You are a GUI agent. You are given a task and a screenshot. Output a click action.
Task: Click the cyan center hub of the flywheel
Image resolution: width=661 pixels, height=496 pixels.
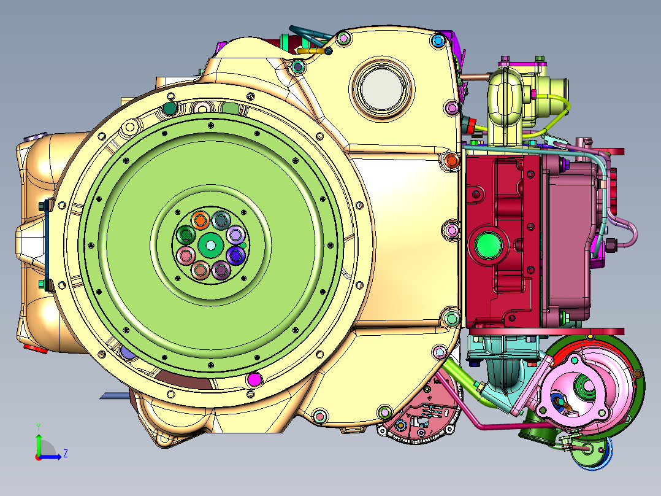(x=210, y=245)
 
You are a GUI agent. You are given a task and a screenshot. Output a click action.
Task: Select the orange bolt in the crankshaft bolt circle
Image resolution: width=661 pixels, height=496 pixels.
(x=201, y=220)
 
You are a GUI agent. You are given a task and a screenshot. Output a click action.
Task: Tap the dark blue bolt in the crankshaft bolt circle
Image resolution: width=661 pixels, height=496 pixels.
(x=235, y=255)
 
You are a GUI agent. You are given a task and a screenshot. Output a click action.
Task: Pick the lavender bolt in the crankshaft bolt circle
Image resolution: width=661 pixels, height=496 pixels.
(x=235, y=234)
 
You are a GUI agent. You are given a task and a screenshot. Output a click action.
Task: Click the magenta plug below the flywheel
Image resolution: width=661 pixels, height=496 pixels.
(x=254, y=379)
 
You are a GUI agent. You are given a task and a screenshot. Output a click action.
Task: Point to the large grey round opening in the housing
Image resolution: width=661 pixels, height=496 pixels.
(x=383, y=89)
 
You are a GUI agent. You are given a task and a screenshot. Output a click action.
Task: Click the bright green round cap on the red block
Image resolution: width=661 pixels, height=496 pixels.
(x=488, y=246)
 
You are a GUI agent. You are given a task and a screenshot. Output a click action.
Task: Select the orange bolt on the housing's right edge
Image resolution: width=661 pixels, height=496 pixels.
(x=451, y=160)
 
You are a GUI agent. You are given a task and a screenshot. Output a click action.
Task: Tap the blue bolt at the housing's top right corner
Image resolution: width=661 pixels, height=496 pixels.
(x=438, y=41)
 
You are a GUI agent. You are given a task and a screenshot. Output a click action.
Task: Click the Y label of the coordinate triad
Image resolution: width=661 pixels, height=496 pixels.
(x=39, y=427)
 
